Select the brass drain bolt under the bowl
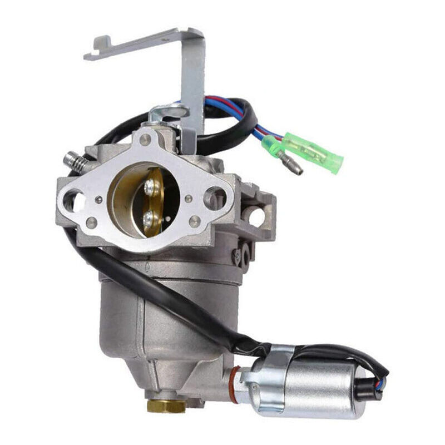point(165,404)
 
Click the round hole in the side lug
point(257,217)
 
